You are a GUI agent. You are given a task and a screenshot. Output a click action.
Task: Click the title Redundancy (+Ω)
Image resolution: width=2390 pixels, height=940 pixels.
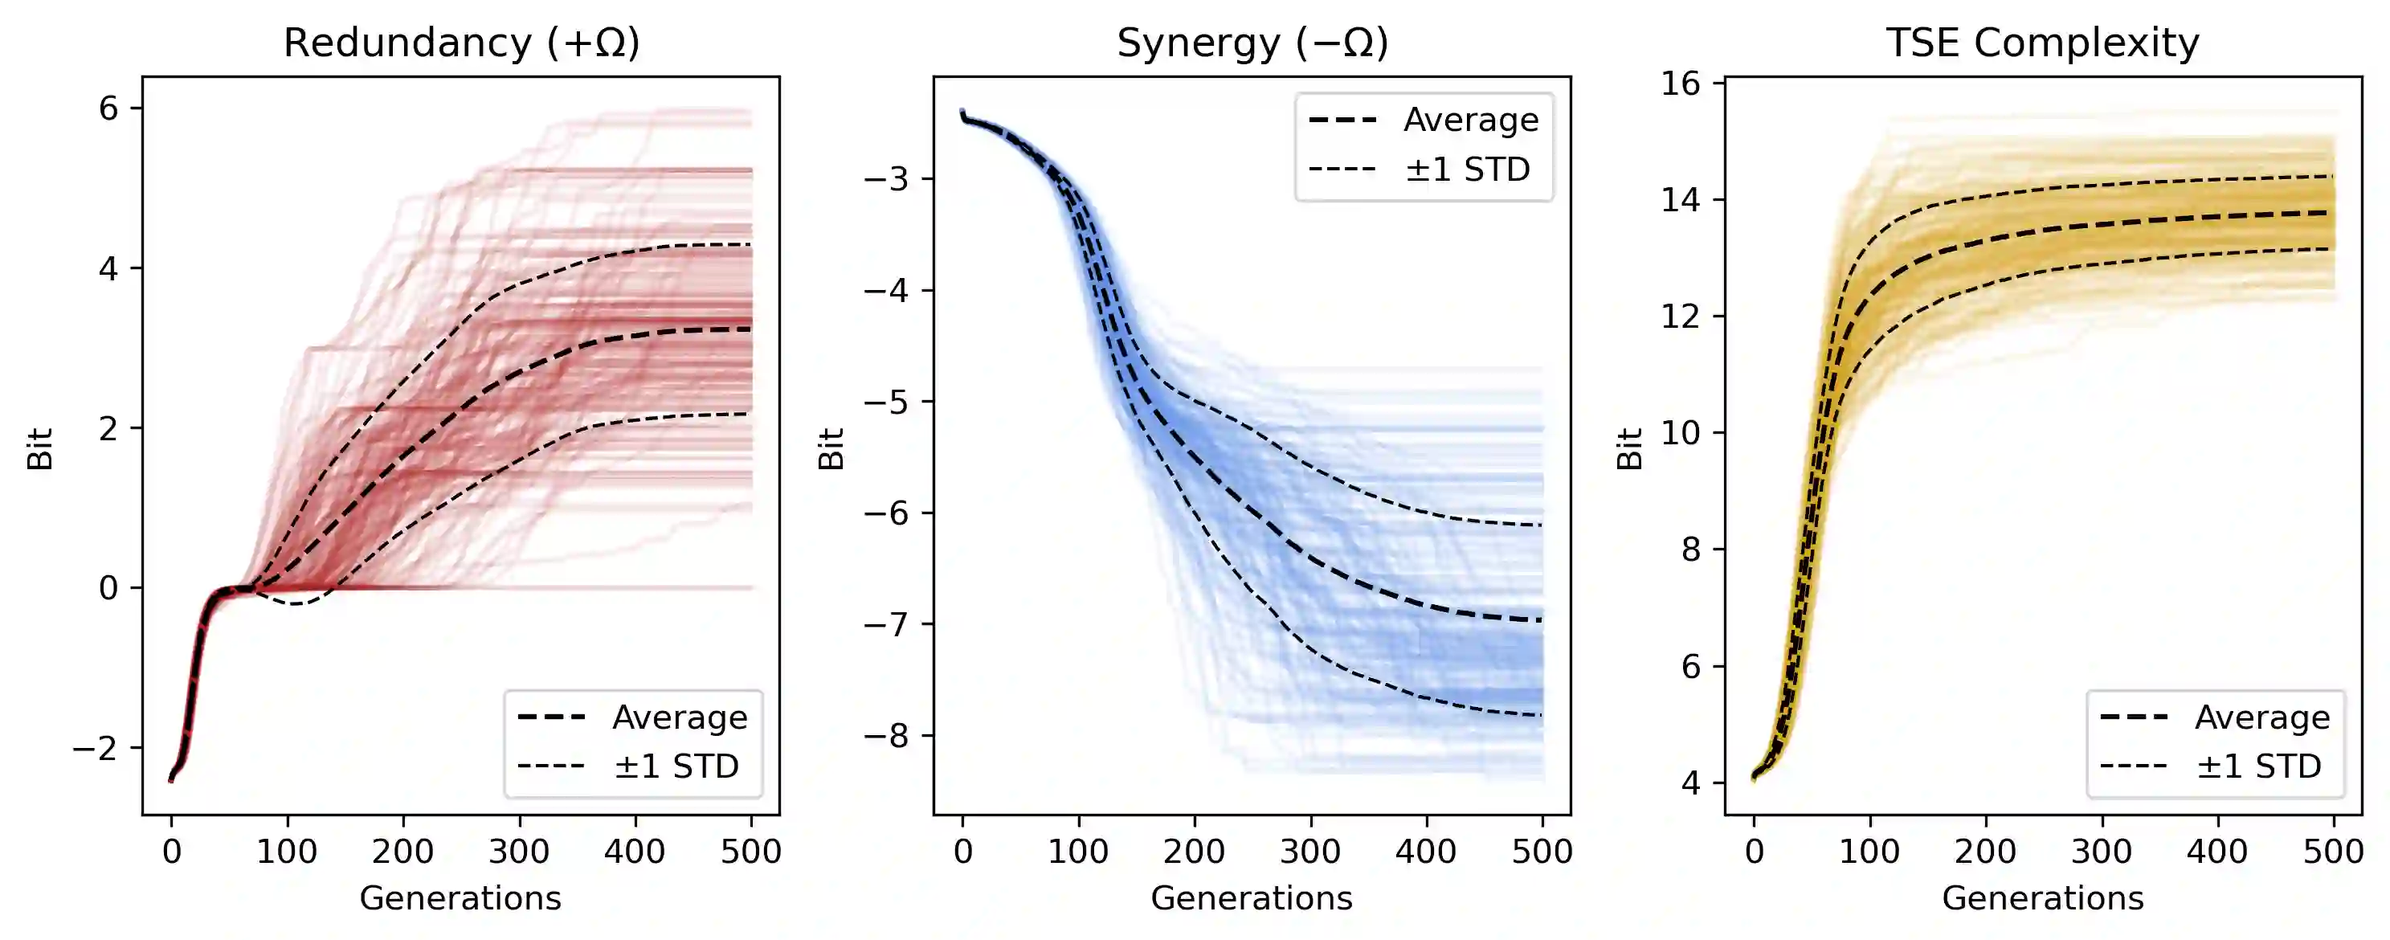461,43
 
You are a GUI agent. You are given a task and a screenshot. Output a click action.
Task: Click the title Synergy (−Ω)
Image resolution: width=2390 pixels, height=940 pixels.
1252,43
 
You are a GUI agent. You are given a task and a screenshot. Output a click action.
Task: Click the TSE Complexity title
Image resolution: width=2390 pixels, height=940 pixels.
2042,43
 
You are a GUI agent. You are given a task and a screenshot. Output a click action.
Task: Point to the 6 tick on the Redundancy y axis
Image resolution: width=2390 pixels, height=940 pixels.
108,108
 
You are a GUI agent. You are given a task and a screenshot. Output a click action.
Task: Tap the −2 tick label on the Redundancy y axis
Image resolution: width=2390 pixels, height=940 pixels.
96,748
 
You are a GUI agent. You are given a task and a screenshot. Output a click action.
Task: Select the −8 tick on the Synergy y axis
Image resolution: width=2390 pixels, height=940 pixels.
886,736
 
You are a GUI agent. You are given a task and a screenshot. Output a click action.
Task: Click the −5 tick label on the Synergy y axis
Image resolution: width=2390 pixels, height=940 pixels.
886,402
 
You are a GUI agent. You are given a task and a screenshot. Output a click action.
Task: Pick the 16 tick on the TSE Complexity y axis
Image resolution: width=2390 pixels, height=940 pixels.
1681,84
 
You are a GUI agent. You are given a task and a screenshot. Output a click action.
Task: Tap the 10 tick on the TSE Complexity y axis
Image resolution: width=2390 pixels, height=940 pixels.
1681,432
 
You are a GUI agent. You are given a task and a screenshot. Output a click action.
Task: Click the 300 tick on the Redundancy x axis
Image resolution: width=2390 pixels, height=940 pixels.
519,851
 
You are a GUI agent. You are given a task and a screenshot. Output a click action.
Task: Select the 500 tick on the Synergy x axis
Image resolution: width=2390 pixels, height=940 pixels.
1542,851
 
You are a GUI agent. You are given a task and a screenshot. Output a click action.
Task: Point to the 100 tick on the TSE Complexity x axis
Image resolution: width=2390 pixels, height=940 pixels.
1869,851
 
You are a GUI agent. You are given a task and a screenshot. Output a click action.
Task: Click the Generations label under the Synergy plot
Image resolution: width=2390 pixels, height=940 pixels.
1252,898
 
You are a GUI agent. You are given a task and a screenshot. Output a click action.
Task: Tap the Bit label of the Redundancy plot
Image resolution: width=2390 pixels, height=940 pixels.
40,448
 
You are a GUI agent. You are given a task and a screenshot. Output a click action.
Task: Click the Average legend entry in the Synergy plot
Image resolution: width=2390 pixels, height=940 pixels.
1471,120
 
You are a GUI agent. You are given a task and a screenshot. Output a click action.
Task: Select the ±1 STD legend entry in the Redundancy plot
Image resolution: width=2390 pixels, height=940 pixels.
676,766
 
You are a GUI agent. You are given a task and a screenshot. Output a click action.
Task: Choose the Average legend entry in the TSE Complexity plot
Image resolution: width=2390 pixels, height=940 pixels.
2262,717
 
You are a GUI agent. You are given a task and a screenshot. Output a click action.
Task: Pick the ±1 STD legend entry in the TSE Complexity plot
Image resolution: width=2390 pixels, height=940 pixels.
2258,766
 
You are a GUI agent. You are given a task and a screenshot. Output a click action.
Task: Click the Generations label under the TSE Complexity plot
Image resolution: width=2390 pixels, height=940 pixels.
2042,898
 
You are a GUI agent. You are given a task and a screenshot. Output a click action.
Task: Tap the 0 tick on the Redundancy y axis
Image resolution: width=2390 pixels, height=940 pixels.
108,588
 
